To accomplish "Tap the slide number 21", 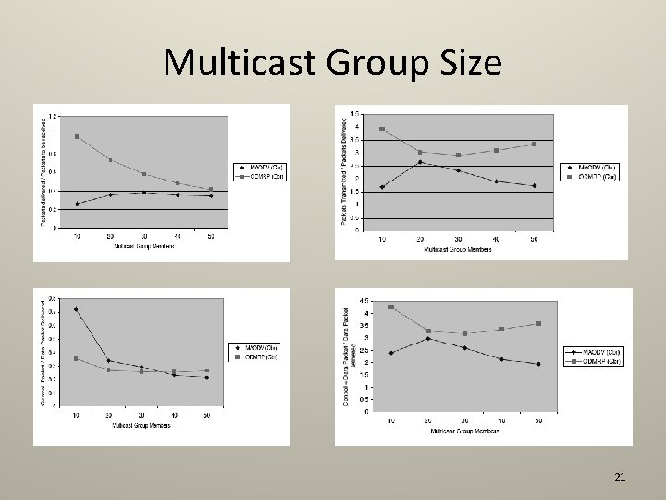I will (620, 477).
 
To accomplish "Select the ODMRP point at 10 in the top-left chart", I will (77, 136).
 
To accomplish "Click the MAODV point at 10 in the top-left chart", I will (77, 204).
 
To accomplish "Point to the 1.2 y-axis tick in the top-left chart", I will (53, 117).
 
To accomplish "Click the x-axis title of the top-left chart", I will (143, 246).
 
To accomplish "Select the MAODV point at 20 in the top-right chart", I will (420, 162).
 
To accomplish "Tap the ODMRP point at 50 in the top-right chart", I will (535, 144).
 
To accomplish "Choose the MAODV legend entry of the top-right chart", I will (598, 168).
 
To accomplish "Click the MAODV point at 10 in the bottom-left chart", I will (76, 309).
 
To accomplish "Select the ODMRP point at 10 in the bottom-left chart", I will (76, 359).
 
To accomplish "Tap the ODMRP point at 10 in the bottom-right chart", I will (391, 306).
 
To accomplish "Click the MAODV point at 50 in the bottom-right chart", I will (537, 364).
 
